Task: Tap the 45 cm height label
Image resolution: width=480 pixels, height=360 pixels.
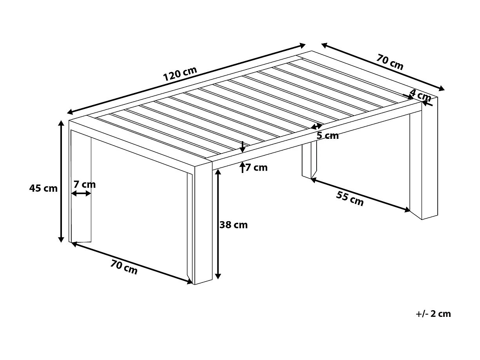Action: [43, 188]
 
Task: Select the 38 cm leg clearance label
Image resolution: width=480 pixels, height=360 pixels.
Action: [234, 225]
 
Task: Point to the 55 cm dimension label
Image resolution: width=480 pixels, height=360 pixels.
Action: [350, 199]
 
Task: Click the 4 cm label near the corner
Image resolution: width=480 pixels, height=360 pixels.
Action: [420, 95]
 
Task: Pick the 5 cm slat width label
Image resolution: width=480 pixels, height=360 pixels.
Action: [328, 136]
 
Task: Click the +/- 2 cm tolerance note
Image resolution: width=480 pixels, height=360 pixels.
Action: [433, 314]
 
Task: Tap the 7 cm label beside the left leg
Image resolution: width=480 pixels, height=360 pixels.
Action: [84, 184]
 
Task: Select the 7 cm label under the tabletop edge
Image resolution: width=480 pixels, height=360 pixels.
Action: [257, 168]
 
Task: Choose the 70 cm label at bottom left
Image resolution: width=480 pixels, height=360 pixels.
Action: [124, 267]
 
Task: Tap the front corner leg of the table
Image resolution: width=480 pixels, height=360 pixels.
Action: [203, 224]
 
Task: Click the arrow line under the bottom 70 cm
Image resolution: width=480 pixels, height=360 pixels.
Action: [132, 262]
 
